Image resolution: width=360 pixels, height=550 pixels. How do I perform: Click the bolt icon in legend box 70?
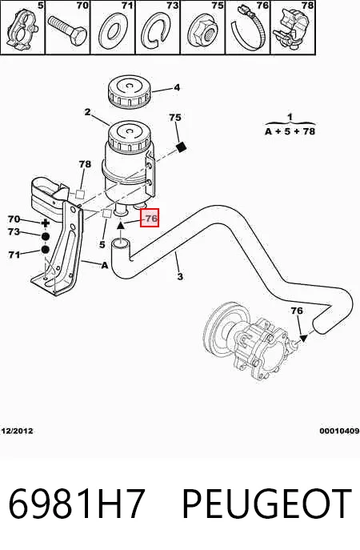pos(67,30)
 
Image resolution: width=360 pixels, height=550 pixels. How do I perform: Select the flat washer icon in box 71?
pos(112,31)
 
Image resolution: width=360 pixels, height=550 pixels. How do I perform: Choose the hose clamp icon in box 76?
pos(248,30)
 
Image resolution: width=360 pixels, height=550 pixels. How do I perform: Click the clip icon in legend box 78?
pos(290,28)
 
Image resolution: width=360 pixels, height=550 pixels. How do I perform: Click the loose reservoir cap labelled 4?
pos(129,92)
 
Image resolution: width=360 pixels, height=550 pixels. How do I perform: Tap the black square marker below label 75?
pos(181,147)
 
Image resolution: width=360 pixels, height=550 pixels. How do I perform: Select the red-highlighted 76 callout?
pos(150,218)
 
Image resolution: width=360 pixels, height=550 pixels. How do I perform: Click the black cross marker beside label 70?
pos(46,223)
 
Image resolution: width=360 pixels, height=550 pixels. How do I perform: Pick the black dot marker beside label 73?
pos(46,237)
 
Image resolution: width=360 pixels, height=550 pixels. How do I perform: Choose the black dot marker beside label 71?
pos(46,250)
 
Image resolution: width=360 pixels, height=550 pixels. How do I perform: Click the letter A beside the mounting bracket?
pos(104,266)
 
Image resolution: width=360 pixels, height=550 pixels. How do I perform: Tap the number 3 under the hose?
pos(180,276)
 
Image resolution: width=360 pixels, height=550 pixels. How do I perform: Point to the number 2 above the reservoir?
pos(87,112)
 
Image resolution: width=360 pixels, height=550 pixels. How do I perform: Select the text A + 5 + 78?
pos(290,131)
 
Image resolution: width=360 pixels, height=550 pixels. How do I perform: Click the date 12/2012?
pos(17,431)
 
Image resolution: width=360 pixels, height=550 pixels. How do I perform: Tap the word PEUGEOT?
pos(267,504)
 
